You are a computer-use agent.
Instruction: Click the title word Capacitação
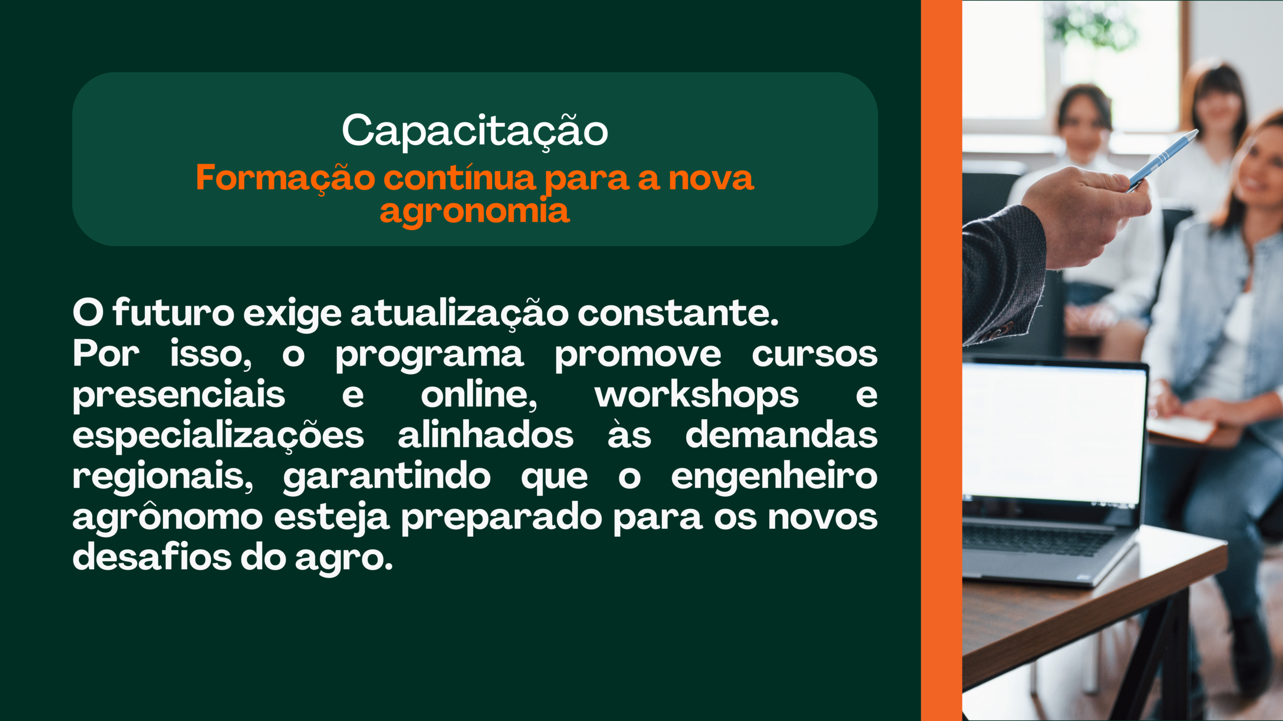pyautogui.click(x=475, y=131)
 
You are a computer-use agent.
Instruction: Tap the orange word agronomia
pyautogui.click(x=475, y=210)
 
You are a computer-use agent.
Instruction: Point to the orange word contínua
pyautogui.click(x=460, y=178)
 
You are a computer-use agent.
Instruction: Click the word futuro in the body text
pyautogui.click(x=173, y=312)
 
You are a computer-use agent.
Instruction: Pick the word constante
pyautogui.click(x=678, y=313)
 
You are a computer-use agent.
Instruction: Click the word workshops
pyautogui.click(x=697, y=395)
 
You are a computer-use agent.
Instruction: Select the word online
pyautogui.click(x=479, y=395)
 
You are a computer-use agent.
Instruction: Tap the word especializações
pyautogui.click(x=218, y=436)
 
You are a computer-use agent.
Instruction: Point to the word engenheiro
pyautogui.click(x=774, y=477)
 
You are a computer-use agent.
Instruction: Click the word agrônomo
pyautogui.click(x=167, y=517)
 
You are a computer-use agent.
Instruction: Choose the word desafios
pyautogui.click(x=152, y=556)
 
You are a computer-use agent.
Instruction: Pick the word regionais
pyautogui.click(x=163, y=477)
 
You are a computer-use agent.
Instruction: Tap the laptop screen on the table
pyautogui.click(x=1052, y=434)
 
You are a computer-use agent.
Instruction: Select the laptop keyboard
pyautogui.click(x=1037, y=541)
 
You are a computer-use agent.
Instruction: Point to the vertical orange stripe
pyautogui.click(x=942, y=360)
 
